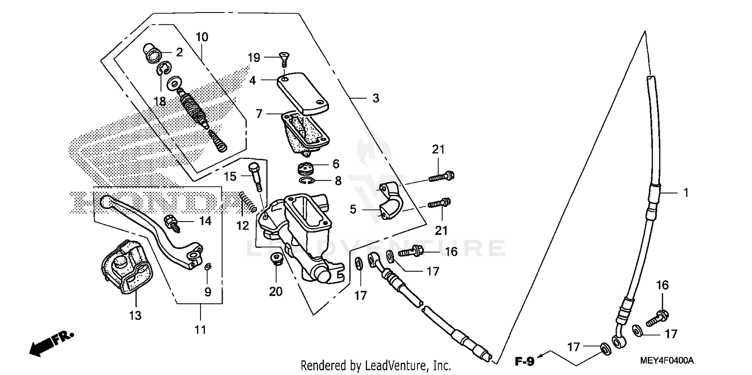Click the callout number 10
[202, 37]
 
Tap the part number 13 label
[135, 315]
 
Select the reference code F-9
[526, 360]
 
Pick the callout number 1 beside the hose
[685, 192]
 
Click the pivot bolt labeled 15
[256, 175]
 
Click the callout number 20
[276, 292]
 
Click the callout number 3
[375, 99]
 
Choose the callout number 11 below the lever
[200, 330]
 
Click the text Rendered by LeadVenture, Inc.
[375, 365]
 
